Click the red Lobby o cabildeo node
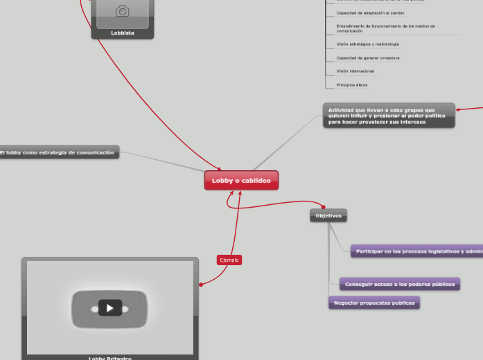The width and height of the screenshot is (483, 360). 241,181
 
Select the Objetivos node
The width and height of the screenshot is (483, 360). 328,215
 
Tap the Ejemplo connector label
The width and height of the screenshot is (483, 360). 229,260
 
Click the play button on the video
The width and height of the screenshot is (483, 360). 109,308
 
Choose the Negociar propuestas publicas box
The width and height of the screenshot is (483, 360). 374,303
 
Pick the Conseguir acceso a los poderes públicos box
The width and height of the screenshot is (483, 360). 400,284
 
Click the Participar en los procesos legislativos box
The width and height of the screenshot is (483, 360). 416,251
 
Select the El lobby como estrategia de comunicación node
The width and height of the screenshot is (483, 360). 58,152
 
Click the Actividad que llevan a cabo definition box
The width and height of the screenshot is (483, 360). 389,116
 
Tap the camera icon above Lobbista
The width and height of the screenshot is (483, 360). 123,11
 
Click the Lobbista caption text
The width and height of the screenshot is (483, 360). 123,33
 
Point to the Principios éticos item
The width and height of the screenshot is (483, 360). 352,85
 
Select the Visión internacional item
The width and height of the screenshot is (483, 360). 355,71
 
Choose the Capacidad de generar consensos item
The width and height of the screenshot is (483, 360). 367,58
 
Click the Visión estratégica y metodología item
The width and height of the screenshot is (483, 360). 367,44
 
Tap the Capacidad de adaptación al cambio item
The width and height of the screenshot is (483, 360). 370,13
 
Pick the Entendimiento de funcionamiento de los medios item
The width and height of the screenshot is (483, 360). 385,28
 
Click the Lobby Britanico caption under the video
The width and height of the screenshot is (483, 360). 109,358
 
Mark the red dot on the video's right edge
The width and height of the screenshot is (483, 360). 201,285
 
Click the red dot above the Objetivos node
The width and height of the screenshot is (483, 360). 323,206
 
